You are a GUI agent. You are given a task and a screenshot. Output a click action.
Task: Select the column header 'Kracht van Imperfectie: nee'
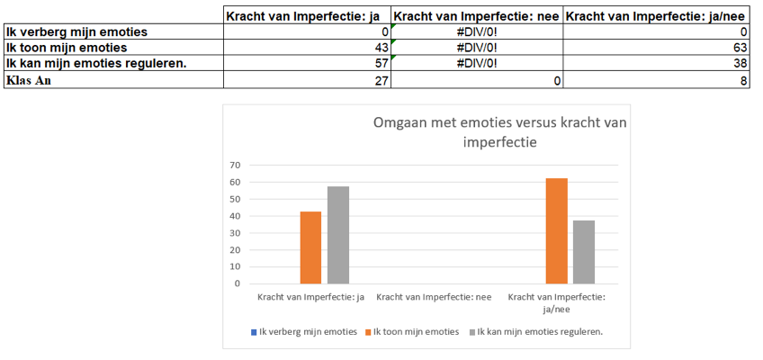[477, 15]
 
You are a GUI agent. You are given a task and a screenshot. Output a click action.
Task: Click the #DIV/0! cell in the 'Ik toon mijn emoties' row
[477, 47]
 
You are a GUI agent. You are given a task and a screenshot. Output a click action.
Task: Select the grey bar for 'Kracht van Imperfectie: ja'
[337, 235]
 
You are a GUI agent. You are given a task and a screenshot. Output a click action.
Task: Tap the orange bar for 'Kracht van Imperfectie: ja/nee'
[556, 231]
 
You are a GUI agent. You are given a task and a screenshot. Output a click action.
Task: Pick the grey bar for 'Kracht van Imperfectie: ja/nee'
[583, 252]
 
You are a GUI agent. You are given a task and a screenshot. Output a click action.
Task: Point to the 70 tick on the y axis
[235, 165]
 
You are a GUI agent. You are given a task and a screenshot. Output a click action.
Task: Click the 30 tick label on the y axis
[235, 232]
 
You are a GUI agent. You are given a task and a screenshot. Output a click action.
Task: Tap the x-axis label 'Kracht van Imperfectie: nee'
[434, 296]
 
